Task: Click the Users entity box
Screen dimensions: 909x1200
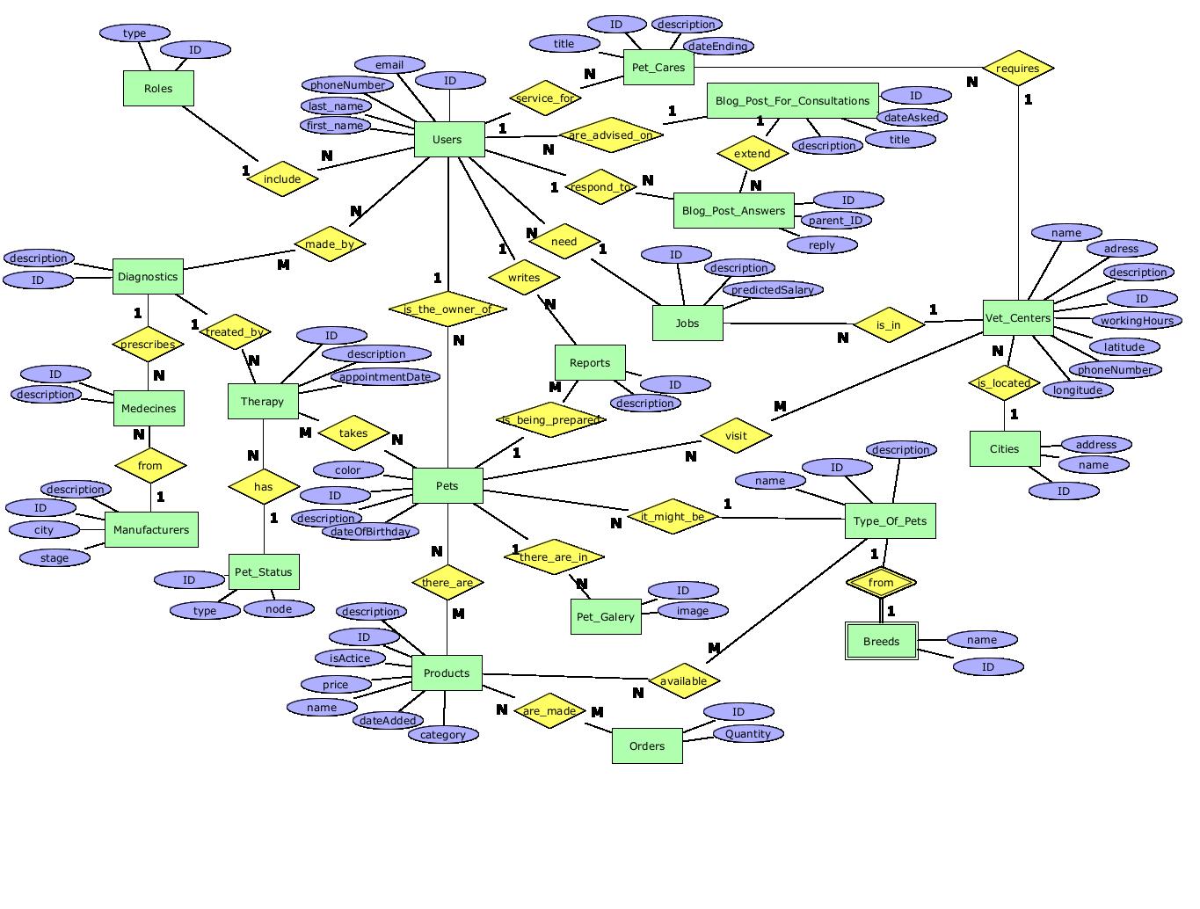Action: [448, 140]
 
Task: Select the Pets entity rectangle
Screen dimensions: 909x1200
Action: [447, 485]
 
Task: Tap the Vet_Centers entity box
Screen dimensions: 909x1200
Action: [1018, 317]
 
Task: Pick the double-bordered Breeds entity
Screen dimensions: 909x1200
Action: [881, 641]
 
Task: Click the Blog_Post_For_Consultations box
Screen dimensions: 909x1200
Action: [792, 101]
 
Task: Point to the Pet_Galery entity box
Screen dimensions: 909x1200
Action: [606, 616]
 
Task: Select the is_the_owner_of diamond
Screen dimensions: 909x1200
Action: [447, 309]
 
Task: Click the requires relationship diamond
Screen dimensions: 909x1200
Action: [1018, 69]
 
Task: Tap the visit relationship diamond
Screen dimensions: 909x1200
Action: [736, 435]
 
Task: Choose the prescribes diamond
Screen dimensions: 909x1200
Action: [148, 345]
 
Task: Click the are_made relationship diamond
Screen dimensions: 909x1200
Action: [549, 711]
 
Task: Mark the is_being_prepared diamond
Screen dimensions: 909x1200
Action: [551, 420]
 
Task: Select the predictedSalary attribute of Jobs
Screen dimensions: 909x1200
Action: [773, 290]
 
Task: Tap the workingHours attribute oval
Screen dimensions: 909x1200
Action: [1137, 321]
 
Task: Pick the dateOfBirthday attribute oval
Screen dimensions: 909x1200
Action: [370, 532]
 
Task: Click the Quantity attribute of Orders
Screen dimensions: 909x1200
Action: [748, 734]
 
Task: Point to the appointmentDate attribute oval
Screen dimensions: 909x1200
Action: [385, 377]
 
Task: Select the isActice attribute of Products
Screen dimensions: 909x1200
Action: [350, 658]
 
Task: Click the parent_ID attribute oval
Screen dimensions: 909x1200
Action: [835, 221]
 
